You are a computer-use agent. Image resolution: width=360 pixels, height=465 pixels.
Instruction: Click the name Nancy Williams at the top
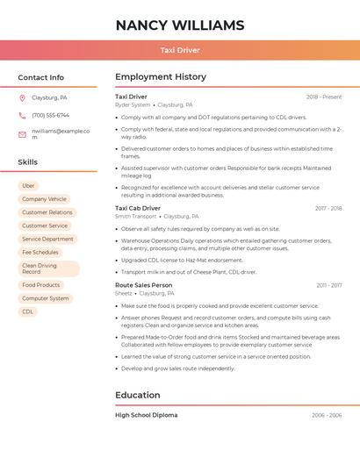point(179,25)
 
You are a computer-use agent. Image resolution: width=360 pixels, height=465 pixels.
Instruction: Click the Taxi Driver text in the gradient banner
point(179,50)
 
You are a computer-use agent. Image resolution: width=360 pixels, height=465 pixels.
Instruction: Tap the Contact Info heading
point(40,77)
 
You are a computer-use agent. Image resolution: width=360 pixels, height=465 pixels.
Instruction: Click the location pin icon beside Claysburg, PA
point(22,98)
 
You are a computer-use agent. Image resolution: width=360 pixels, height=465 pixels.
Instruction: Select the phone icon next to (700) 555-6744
point(22,115)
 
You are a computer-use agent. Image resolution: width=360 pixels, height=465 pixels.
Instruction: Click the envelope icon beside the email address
point(22,134)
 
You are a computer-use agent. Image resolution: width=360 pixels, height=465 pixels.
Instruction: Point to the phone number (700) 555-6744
point(50,115)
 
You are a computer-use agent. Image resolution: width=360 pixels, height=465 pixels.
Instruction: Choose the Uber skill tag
point(28,186)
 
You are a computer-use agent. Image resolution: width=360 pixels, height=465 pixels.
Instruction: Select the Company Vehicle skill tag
point(44,199)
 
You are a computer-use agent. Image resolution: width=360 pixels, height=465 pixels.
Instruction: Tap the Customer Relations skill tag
point(47,212)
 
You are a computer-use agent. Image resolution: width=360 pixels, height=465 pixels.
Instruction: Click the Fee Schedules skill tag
point(40,252)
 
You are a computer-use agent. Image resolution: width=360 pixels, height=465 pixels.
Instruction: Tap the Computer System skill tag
point(46,298)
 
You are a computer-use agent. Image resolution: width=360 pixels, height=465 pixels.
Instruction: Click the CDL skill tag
point(28,311)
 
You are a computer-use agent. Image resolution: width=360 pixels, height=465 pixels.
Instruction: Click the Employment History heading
point(161,77)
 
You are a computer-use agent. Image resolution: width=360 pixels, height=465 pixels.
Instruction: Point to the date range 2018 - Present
point(324,97)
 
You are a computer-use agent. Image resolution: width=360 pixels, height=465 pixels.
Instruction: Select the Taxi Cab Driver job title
point(138,208)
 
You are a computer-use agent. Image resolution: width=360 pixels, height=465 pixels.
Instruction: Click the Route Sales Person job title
point(143,285)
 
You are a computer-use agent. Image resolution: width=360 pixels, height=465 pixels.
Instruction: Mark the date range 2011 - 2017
point(329,285)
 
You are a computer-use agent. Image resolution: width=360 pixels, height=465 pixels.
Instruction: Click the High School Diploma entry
point(146,415)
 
